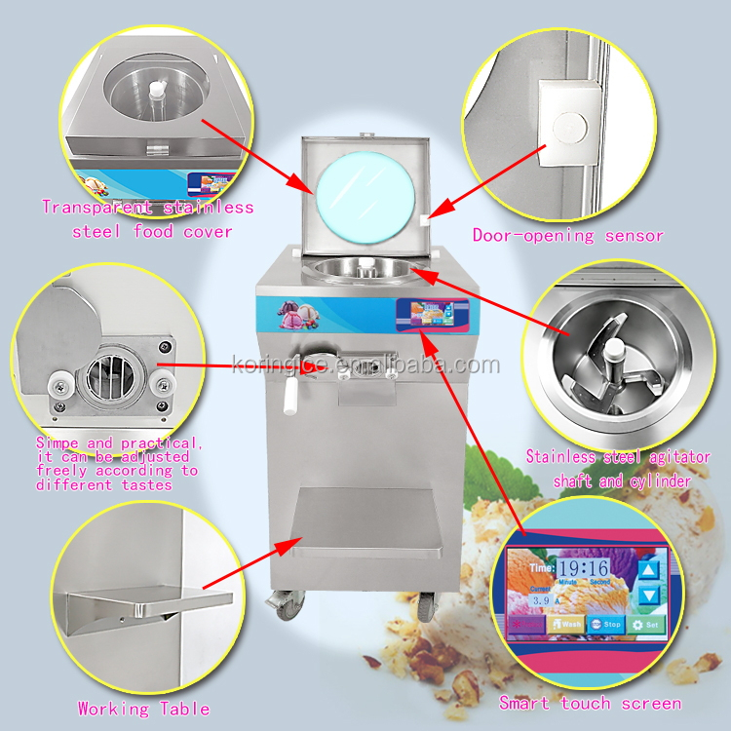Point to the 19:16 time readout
click(584, 568)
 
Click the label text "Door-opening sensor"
click(567, 235)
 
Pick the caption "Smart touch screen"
click(590, 703)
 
